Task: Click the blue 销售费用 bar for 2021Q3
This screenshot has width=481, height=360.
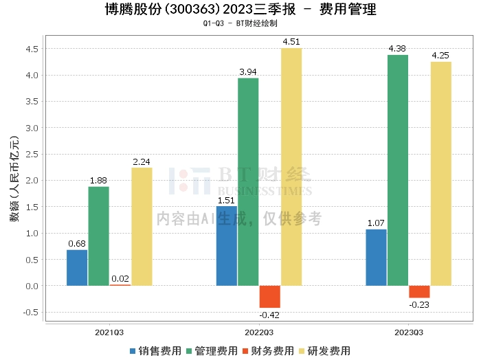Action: [x=77, y=268]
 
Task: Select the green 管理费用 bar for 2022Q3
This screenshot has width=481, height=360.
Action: [x=248, y=182]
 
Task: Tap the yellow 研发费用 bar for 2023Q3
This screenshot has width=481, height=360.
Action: [x=441, y=174]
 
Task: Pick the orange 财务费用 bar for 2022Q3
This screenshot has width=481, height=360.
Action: [x=270, y=297]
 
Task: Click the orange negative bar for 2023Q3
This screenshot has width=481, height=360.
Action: [x=419, y=291]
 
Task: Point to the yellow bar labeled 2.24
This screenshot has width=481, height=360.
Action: [x=142, y=227]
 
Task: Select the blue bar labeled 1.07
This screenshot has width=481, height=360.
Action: [x=376, y=258]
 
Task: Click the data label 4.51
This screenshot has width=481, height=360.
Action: [x=291, y=42]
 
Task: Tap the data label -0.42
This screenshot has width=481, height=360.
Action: [x=269, y=315]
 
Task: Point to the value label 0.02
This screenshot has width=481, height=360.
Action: [x=120, y=279]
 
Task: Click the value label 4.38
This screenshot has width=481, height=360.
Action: [x=397, y=49]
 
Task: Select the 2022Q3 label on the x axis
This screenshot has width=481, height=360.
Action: [x=259, y=333]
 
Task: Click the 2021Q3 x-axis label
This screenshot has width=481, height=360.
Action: [x=109, y=333]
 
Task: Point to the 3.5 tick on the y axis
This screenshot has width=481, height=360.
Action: [x=32, y=102]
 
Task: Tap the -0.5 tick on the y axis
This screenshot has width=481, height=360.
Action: [x=31, y=313]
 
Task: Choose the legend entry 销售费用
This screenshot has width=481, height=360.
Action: [x=155, y=351]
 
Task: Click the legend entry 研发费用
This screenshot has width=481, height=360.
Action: [x=324, y=351]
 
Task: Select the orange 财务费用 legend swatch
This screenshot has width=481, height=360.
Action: [x=245, y=351]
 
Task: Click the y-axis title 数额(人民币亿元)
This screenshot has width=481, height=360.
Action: [x=14, y=179]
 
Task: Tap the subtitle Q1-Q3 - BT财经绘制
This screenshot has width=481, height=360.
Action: [x=240, y=23]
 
